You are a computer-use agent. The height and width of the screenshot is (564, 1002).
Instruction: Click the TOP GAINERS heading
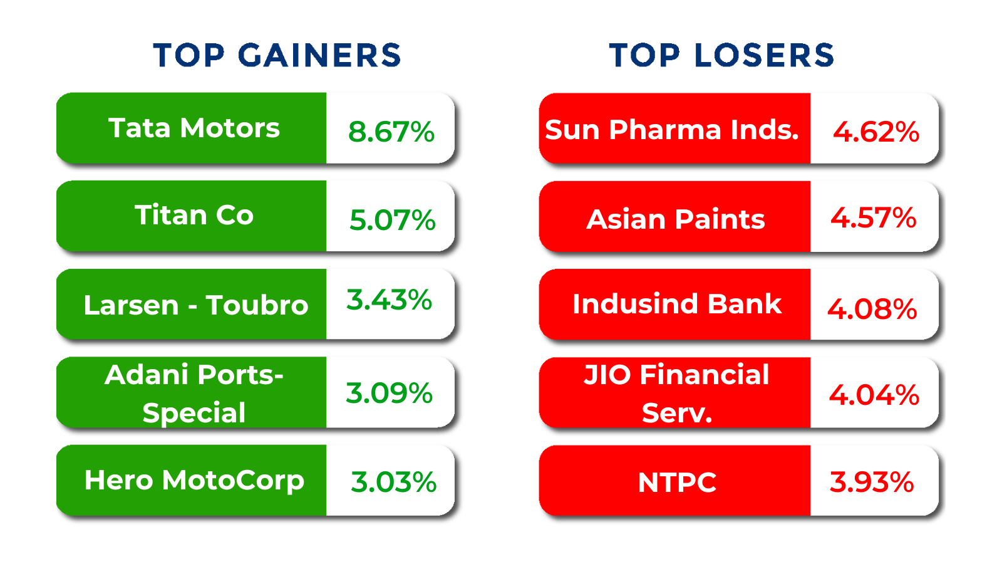click(x=277, y=56)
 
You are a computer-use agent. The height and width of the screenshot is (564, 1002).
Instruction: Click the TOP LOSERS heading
click(x=721, y=56)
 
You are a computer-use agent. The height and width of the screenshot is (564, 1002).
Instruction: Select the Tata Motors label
click(x=194, y=128)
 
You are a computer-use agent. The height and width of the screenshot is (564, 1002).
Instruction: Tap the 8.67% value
click(x=391, y=132)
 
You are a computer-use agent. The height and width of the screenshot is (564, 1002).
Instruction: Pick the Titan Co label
click(x=194, y=215)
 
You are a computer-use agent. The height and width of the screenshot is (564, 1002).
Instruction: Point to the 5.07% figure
click(x=392, y=220)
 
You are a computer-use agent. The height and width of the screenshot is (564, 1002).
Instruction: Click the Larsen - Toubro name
click(x=196, y=305)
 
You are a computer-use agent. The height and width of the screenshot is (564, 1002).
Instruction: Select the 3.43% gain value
click(x=389, y=300)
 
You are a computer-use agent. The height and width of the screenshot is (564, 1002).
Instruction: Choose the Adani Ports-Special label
click(x=194, y=393)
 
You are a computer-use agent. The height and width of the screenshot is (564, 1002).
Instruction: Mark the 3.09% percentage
click(x=389, y=393)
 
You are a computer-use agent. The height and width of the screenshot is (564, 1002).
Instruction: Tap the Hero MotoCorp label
click(x=195, y=481)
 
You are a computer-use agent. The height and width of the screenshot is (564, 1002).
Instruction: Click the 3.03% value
click(x=394, y=482)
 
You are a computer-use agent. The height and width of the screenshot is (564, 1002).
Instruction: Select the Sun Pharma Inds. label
click(x=672, y=130)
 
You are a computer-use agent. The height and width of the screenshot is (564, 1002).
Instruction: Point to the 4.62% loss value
click(x=876, y=132)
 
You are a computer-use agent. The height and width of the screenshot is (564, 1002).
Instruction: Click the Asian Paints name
click(x=676, y=219)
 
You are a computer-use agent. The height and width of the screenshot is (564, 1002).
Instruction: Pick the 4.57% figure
click(x=874, y=217)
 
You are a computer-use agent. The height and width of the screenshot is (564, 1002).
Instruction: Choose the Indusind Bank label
click(x=677, y=304)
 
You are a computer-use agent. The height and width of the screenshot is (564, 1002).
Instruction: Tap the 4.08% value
click(x=872, y=309)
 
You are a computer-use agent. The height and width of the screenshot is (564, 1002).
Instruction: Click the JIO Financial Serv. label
click(x=677, y=393)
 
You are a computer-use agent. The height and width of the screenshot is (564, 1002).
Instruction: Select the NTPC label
click(x=677, y=483)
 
